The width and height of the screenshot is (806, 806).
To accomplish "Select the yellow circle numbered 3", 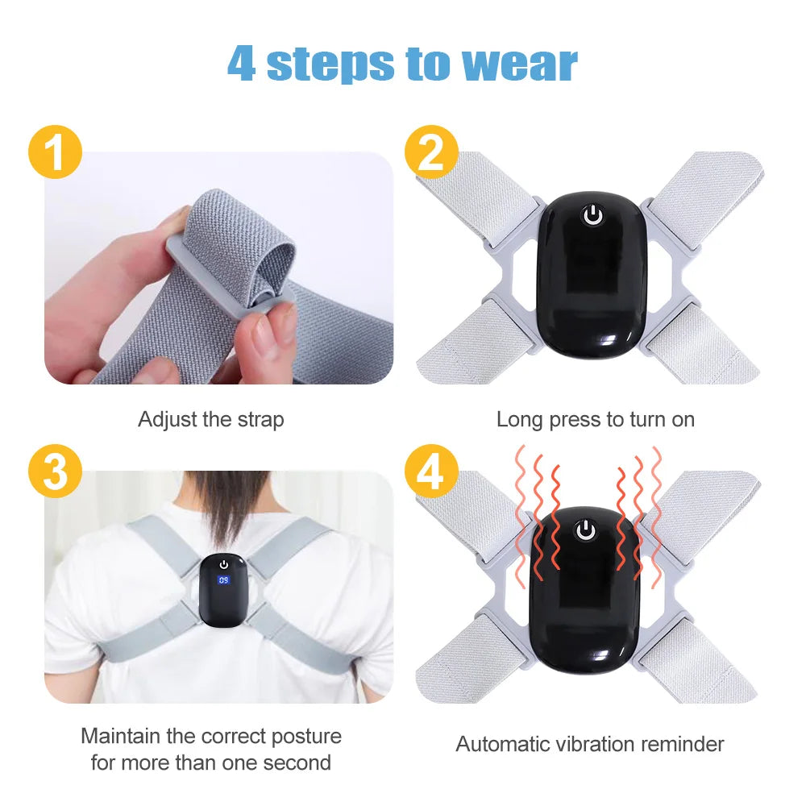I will (55, 472).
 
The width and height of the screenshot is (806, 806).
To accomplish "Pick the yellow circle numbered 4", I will (431, 472).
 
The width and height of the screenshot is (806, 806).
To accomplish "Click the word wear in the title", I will (519, 64).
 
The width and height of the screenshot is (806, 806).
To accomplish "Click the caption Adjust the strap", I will (210, 420).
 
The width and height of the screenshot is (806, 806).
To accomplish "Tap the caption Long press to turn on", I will (595, 420).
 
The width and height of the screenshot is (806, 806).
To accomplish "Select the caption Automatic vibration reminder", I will (589, 744).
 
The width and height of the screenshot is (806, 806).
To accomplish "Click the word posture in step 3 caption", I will (302, 737).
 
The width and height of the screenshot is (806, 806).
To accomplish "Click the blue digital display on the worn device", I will (223, 580).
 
